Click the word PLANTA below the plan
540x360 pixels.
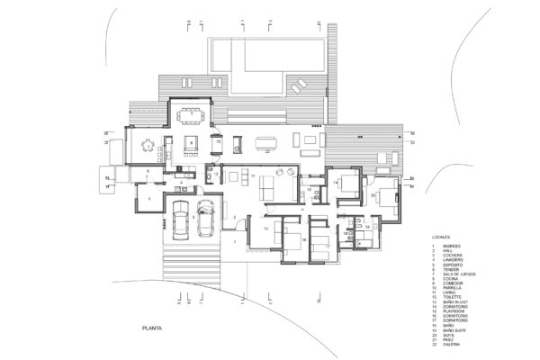tap(150, 328)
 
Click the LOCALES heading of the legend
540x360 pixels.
tap(442, 238)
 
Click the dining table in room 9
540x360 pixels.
tap(190, 114)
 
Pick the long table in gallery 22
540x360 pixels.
tap(267, 140)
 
